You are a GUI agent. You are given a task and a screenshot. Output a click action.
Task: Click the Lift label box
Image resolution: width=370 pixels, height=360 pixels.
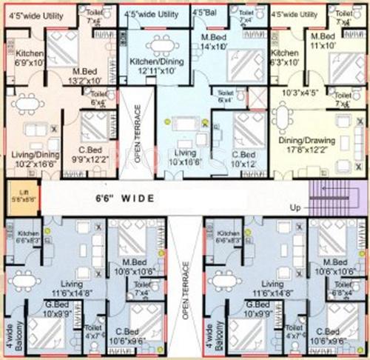[21, 198]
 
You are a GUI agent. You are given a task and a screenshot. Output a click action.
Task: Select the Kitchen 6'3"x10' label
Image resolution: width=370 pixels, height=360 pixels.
[285, 59]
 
